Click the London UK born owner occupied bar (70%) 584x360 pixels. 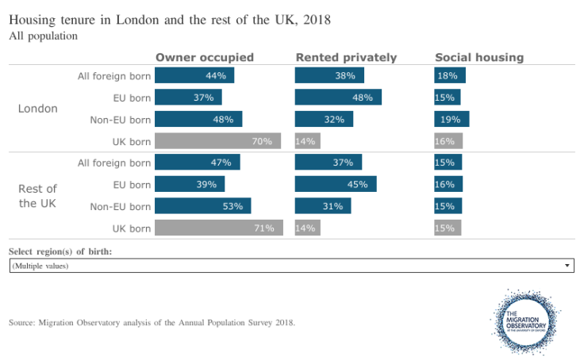click(x=218, y=141)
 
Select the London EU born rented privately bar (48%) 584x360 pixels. click(x=338, y=98)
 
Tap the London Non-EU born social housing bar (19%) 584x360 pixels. click(x=451, y=120)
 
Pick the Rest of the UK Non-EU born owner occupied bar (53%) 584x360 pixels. click(x=203, y=207)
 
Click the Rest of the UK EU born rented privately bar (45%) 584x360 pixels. click(x=336, y=185)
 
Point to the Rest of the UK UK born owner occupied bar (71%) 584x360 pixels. click(x=219, y=228)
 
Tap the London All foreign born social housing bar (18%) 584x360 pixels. click(x=450, y=75)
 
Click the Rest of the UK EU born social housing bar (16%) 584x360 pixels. click(x=448, y=185)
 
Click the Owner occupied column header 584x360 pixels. click(x=205, y=57)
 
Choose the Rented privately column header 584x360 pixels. click(x=346, y=57)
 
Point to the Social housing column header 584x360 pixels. click(x=479, y=57)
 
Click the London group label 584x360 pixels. click(x=38, y=109)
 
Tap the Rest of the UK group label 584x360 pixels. click(x=38, y=196)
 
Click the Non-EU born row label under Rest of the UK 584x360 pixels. click(x=121, y=207)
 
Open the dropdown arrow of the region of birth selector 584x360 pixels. click(x=567, y=266)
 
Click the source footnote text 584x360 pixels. click(x=152, y=323)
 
